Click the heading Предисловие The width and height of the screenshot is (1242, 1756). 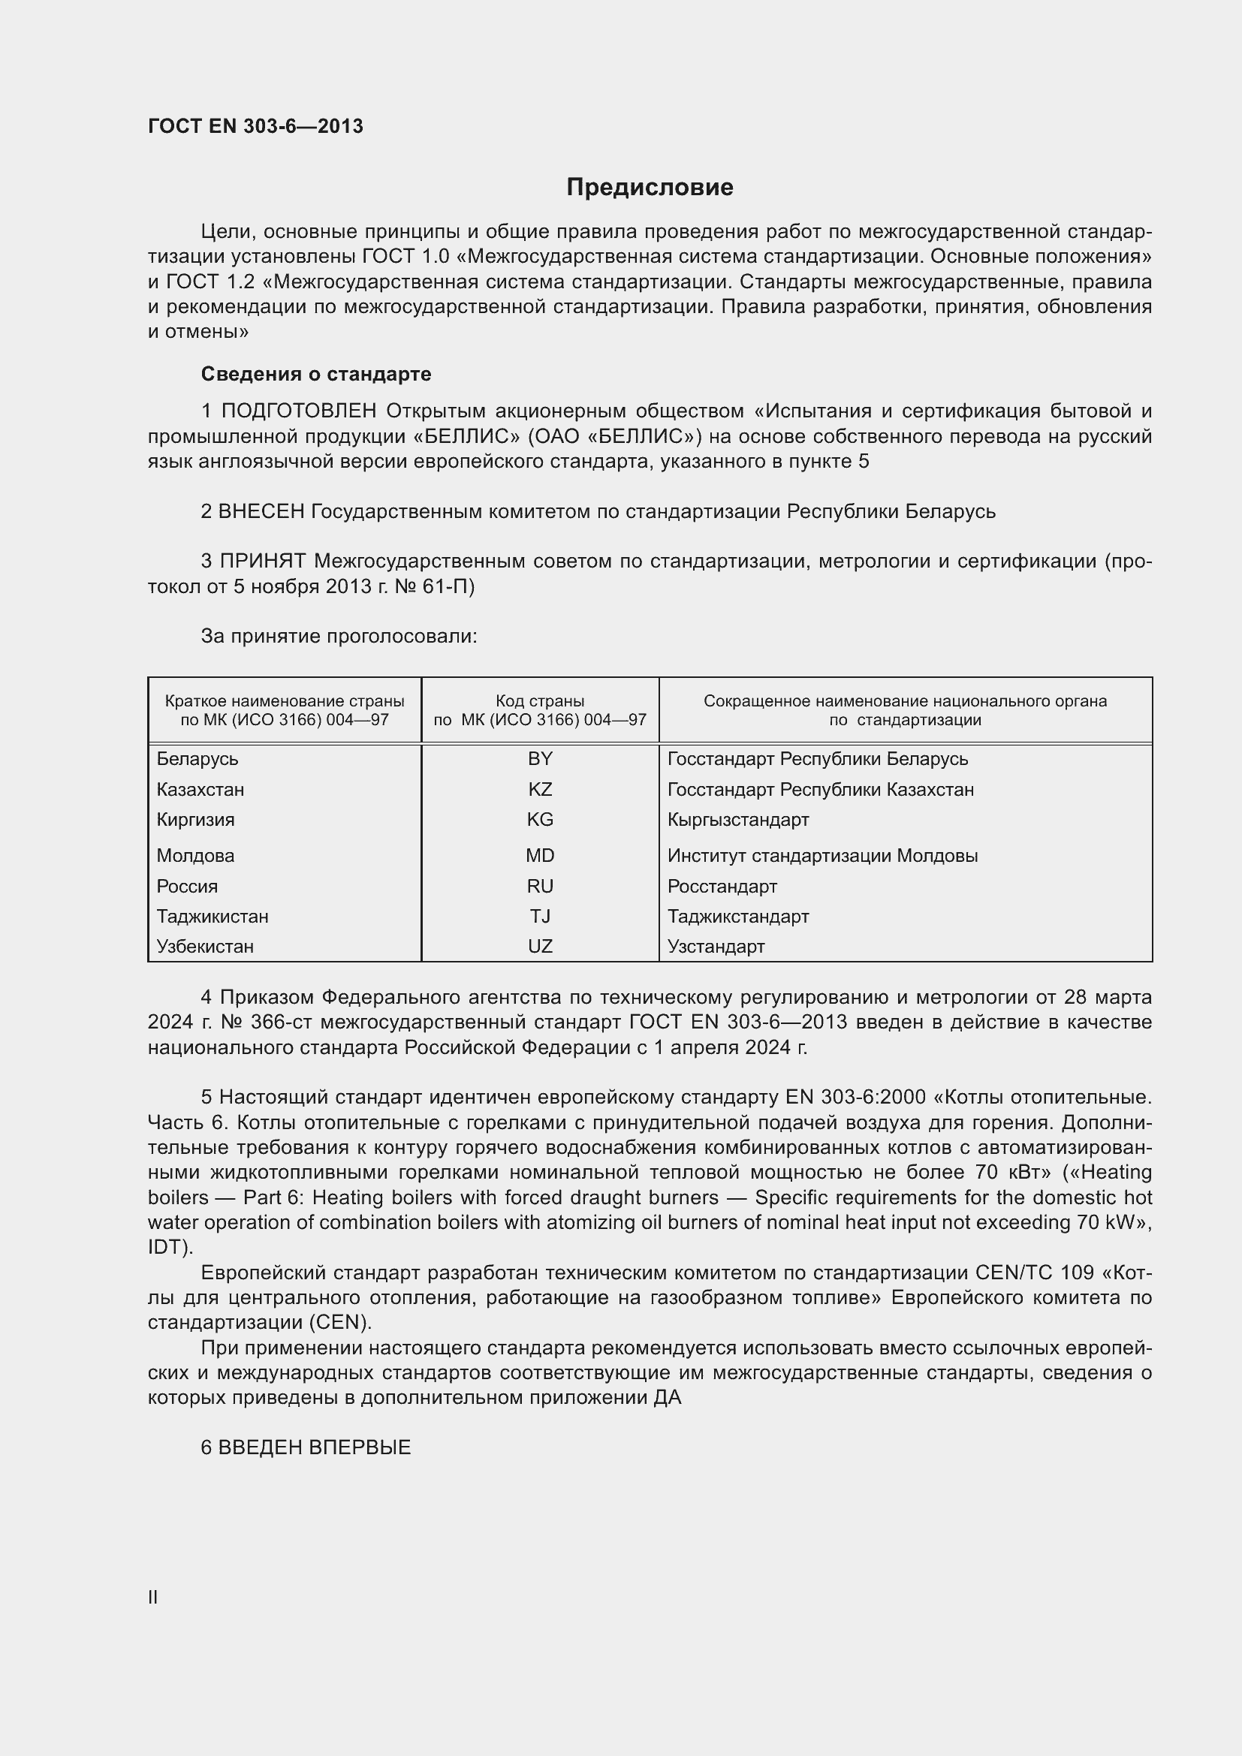pyautogui.click(x=650, y=188)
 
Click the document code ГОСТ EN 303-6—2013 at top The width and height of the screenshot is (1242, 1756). pyautogui.click(x=255, y=126)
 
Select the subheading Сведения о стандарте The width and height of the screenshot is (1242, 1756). pyautogui.click(x=316, y=374)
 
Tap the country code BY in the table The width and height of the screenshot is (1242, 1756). pyautogui.click(x=540, y=759)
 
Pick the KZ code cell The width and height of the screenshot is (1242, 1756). pyautogui.click(x=540, y=789)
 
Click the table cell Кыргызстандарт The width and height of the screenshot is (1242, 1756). pyautogui.click(x=738, y=820)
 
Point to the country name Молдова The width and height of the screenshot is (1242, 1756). pyautogui.click(x=195, y=856)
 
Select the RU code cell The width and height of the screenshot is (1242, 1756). pyautogui.click(x=540, y=887)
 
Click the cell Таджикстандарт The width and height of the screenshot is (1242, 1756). pyautogui.click(x=738, y=916)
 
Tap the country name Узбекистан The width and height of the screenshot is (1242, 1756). pyautogui.click(x=205, y=947)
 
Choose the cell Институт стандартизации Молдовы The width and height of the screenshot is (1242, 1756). pyautogui.click(x=822, y=856)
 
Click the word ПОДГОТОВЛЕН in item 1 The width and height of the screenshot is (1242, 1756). pyautogui.click(x=299, y=411)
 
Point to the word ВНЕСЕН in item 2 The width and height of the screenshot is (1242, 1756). pyautogui.click(x=261, y=512)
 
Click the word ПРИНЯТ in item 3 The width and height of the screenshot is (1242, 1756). pyautogui.click(x=263, y=562)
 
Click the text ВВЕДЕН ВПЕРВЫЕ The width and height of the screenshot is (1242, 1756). pyautogui.click(x=315, y=1447)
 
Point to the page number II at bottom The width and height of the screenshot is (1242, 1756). pyautogui.click(x=153, y=1598)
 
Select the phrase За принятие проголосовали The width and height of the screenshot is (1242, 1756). pyautogui.click(x=339, y=637)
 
